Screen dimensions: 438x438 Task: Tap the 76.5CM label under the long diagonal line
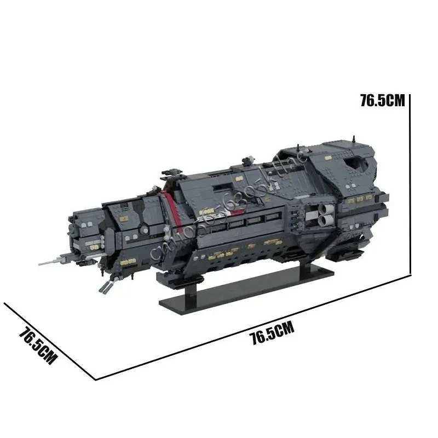click(272, 333)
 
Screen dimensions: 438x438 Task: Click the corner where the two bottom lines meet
click(96, 378)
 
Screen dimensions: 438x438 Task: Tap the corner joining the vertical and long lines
click(410, 273)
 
